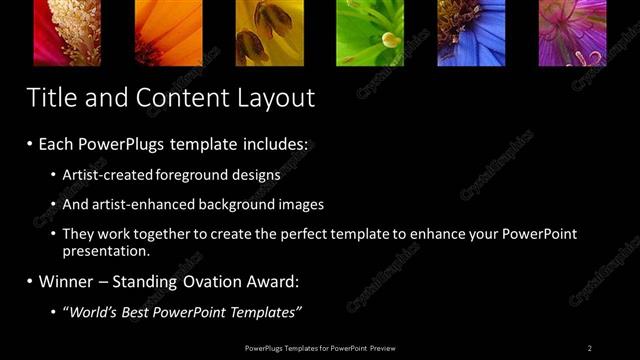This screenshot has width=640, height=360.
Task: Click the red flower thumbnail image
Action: [67, 32]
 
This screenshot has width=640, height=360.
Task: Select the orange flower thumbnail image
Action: [168, 32]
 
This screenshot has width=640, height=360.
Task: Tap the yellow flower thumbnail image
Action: [269, 32]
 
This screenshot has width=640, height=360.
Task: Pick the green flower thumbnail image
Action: [370, 32]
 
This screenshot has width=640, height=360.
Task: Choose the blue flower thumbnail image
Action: [471, 32]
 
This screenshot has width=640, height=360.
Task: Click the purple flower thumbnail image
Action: [573, 32]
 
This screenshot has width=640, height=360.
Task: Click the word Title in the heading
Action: [49, 98]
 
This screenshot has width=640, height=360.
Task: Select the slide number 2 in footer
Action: [589, 347]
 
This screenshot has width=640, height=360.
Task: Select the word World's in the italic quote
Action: [94, 312]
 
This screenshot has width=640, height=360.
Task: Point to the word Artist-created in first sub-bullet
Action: [107, 174]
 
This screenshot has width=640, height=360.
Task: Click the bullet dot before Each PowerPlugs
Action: [30, 144]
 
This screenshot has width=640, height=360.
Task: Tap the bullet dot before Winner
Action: [30, 282]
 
